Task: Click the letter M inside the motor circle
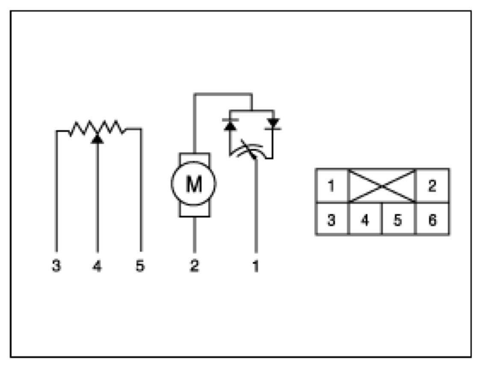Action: coord(194,185)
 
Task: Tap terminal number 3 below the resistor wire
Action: coord(56,266)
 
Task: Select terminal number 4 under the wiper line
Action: coord(97,266)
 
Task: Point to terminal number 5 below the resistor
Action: coord(140,266)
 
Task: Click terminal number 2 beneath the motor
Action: coord(194,266)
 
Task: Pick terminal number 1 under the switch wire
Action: coord(256,266)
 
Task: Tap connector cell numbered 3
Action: coord(331,220)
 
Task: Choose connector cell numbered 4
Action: coord(365,220)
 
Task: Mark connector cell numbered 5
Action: coord(398,220)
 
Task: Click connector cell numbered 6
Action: coord(432,220)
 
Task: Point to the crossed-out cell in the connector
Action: coord(382,186)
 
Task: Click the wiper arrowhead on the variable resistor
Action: coord(98,138)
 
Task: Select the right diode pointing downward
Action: coord(272,124)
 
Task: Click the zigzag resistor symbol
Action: coord(97,128)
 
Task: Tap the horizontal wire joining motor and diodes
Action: coord(222,94)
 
